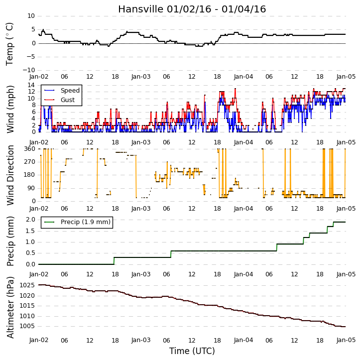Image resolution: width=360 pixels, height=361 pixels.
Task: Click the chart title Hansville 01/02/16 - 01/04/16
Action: [x=192, y=9]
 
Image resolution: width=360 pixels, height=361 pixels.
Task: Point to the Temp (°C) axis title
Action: [x=9, y=44]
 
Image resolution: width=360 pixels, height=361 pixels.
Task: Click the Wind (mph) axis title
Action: [x=10, y=110]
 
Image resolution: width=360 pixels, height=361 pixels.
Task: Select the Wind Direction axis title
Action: [x=10, y=175]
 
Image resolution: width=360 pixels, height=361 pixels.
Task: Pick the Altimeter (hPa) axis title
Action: [x=10, y=307]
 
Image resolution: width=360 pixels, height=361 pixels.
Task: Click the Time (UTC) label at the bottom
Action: [x=192, y=351]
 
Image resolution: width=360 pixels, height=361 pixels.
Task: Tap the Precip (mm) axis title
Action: [x=10, y=241]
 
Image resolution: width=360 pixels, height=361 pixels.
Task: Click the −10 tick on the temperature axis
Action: [x=28, y=70]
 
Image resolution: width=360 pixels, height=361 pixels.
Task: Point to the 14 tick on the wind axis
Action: [x=31, y=85]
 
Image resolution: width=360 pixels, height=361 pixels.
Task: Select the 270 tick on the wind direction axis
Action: [x=30, y=162]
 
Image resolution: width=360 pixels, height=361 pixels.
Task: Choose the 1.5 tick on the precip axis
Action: [x=30, y=231]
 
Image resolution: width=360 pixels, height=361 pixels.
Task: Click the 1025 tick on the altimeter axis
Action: [x=27, y=285]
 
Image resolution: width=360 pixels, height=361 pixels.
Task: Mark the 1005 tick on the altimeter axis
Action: [x=27, y=326]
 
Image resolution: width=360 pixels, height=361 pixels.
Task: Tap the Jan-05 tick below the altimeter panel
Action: [x=346, y=340]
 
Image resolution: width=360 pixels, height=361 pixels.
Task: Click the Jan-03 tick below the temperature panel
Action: [x=141, y=77]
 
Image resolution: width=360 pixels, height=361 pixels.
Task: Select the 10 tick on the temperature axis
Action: [x=31, y=16]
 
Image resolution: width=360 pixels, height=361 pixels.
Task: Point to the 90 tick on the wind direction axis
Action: [x=31, y=188]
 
